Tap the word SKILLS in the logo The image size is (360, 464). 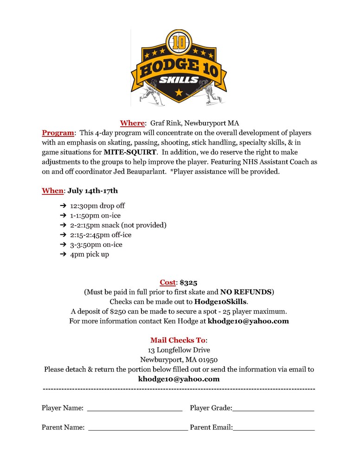179,80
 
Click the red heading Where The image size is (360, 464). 132,123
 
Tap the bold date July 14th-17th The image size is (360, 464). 92,191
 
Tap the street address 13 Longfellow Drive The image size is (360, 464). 179,350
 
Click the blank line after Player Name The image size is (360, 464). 135,409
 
